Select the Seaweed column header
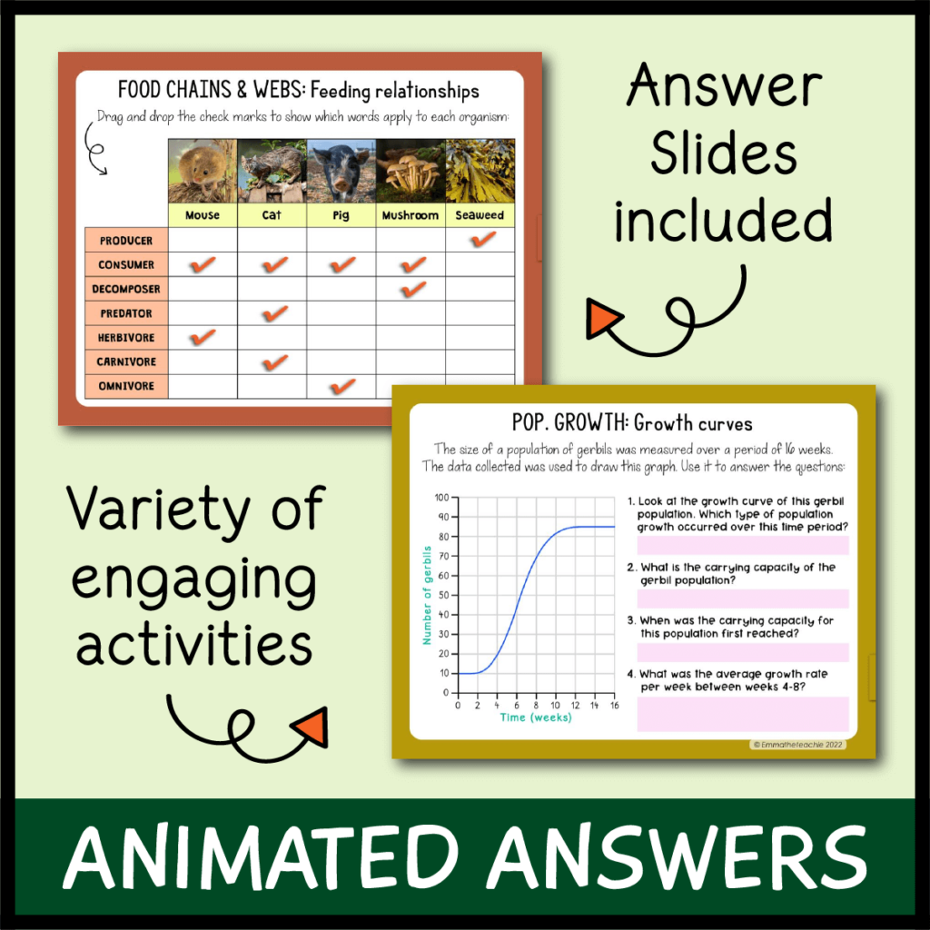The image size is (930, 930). (480, 215)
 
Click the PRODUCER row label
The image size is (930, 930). (126, 240)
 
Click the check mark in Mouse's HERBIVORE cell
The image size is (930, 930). (203, 337)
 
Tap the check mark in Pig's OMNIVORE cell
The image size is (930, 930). (341, 386)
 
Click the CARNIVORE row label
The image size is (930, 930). (126, 361)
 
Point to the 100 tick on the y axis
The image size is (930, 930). (442, 498)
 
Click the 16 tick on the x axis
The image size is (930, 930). (615, 706)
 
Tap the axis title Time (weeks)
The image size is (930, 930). (536, 717)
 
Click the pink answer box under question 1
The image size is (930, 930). (742, 545)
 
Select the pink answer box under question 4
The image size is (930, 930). (742, 713)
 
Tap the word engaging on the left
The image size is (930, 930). (194, 579)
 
